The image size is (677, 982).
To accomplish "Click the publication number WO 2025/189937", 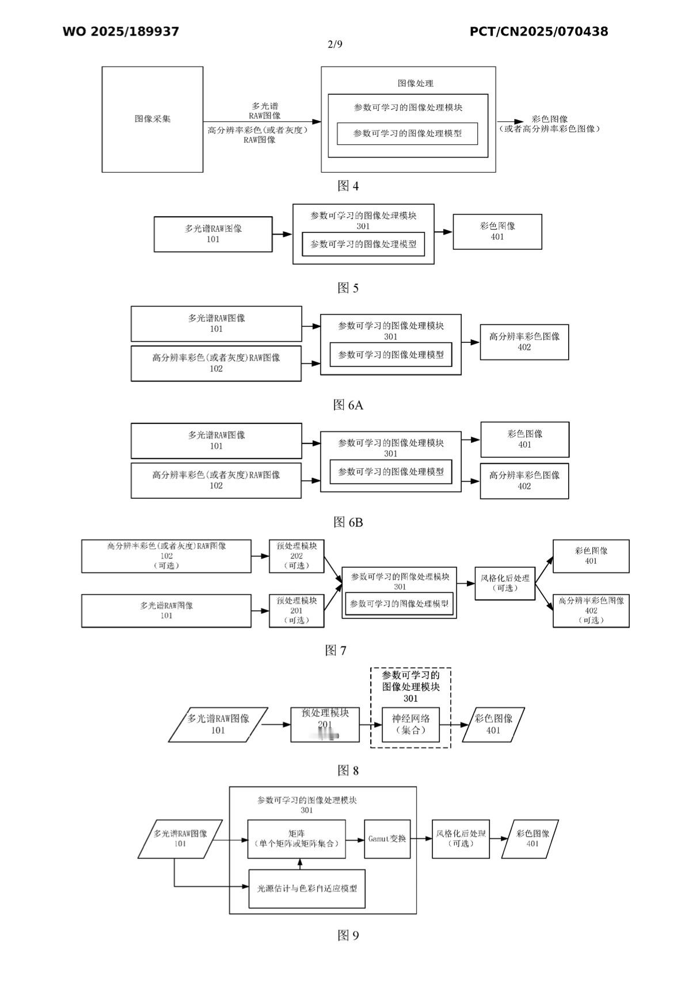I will [121, 32].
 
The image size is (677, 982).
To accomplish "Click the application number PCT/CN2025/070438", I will [538, 32].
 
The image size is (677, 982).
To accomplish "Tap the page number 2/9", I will [335, 45].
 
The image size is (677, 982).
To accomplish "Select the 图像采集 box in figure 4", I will [153, 119].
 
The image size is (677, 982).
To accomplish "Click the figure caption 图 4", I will [348, 186].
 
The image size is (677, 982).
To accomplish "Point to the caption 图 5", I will [348, 288].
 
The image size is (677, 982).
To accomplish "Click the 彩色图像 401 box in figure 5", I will [497, 232].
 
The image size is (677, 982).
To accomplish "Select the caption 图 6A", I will [348, 405].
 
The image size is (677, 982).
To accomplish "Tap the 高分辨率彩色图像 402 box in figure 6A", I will [524, 342].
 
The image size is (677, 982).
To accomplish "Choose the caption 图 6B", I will [348, 522].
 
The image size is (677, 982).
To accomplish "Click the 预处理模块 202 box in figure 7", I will [296, 556].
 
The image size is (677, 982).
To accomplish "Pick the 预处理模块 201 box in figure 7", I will [296, 610].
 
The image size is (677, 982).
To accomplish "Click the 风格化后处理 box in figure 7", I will [505, 583].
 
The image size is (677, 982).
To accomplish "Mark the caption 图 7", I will [336, 651].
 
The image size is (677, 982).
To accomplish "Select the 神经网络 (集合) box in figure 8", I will [410, 725].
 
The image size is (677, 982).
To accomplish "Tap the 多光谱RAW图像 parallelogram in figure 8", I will [218, 725].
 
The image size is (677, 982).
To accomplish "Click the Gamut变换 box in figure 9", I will [387, 839].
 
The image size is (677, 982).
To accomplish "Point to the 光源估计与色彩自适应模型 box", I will [307, 888].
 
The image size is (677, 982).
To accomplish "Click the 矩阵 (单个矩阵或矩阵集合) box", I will [296, 839].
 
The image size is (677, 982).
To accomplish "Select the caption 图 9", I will [348, 935].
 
